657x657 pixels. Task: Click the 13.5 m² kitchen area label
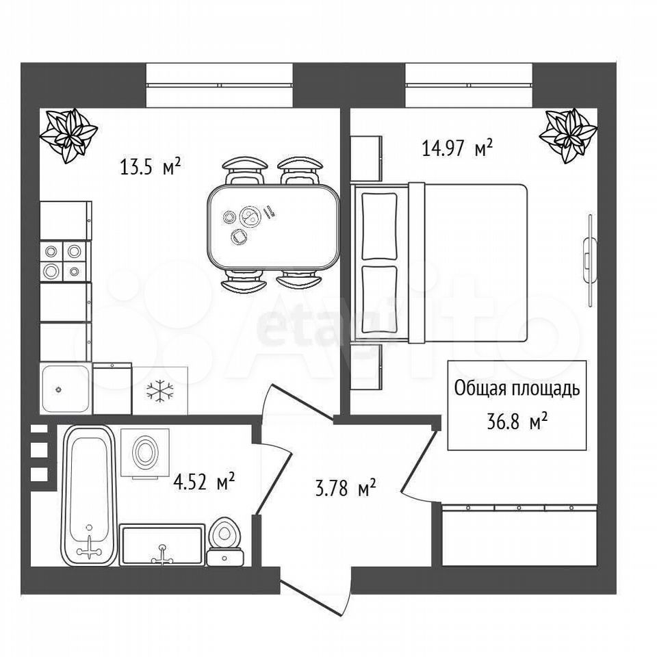[150, 167]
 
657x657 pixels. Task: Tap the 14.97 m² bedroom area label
[457, 148]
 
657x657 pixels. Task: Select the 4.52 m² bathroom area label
[204, 481]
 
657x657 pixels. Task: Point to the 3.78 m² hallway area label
[345, 488]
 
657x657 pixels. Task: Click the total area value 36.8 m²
[517, 422]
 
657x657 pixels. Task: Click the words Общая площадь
[517, 389]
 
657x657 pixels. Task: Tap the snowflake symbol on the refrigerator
[159, 391]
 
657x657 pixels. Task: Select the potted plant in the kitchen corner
[68, 135]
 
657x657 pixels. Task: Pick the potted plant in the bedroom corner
[568, 135]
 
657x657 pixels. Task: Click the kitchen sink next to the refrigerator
[66, 389]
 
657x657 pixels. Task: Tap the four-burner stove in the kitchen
[65, 261]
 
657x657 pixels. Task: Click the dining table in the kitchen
[273, 227]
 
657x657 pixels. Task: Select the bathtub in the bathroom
[90, 495]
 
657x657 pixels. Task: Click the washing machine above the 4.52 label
[145, 453]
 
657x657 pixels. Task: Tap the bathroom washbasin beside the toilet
[163, 545]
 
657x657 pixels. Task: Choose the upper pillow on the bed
[378, 227]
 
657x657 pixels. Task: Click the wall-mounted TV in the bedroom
[589, 261]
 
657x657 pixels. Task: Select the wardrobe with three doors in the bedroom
[520, 535]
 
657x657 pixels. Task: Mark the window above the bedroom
[469, 86]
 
